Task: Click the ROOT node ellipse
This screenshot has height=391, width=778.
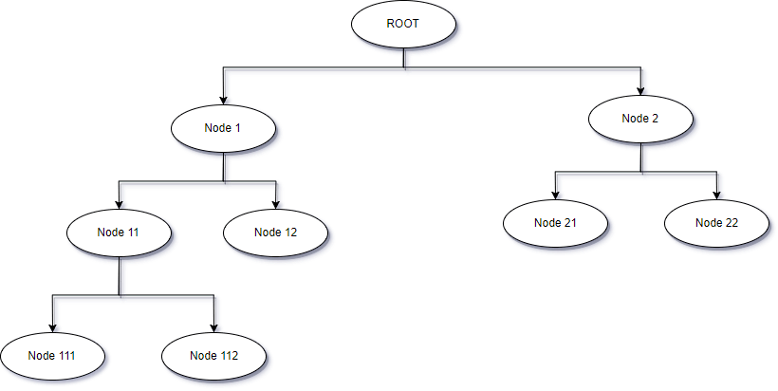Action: tap(403, 25)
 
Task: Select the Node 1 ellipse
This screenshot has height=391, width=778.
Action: tap(223, 128)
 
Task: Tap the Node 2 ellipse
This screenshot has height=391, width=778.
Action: tap(640, 119)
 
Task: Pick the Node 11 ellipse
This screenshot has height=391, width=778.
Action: tap(119, 233)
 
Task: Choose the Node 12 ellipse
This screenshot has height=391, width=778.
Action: tap(275, 233)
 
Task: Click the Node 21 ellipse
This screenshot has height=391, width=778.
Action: tap(555, 223)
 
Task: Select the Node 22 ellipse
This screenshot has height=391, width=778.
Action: tap(716, 223)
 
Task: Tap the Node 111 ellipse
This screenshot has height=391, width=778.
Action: tap(52, 356)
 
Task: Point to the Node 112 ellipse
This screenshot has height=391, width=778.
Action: tap(213, 356)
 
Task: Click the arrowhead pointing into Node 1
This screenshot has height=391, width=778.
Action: tap(223, 101)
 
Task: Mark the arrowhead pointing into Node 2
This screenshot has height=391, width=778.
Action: tap(640, 91)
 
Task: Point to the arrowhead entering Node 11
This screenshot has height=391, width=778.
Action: tap(120, 204)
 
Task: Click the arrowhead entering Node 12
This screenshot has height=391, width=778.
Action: tap(276, 204)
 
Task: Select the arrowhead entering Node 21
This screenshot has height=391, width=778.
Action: tap(556, 195)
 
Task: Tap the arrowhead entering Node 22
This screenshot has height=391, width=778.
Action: tap(717, 195)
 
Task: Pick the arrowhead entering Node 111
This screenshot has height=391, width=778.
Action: tap(52, 328)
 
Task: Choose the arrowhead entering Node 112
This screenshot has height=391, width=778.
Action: tap(213, 328)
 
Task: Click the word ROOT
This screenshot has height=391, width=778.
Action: tap(403, 24)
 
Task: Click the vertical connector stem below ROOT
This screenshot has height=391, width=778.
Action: tap(404, 58)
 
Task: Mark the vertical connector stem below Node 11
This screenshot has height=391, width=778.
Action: tap(120, 276)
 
